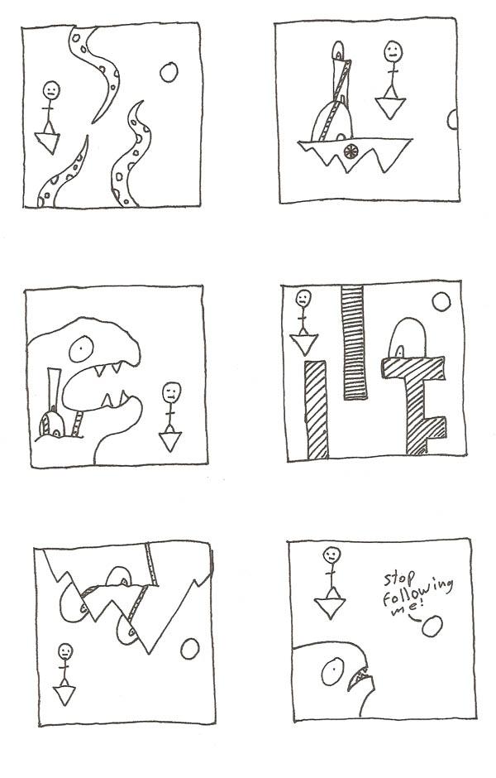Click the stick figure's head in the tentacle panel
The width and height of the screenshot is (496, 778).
tap(51, 91)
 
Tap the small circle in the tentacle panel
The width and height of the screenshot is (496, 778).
tap(169, 73)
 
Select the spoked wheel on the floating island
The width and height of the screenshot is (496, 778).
tap(351, 151)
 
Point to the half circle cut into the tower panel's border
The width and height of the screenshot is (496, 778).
tap(452, 119)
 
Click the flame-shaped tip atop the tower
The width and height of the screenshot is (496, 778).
tap(338, 50)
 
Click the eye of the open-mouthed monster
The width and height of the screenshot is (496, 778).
tap(81, 349)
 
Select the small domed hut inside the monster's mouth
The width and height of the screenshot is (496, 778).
tap(52, 425)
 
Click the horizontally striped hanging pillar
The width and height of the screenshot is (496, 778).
tap(354, 342)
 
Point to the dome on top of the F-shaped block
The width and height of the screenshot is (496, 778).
tap(408, 338)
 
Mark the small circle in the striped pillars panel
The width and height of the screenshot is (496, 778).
tap(441, 301)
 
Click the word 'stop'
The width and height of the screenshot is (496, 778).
tap(399, 579)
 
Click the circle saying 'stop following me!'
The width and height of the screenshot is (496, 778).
tap(432, 627)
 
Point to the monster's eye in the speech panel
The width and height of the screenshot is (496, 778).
tap(332, 672)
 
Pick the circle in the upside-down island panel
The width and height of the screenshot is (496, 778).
tap(190, 649)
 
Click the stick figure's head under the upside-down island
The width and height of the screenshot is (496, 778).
tap(65, 651)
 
